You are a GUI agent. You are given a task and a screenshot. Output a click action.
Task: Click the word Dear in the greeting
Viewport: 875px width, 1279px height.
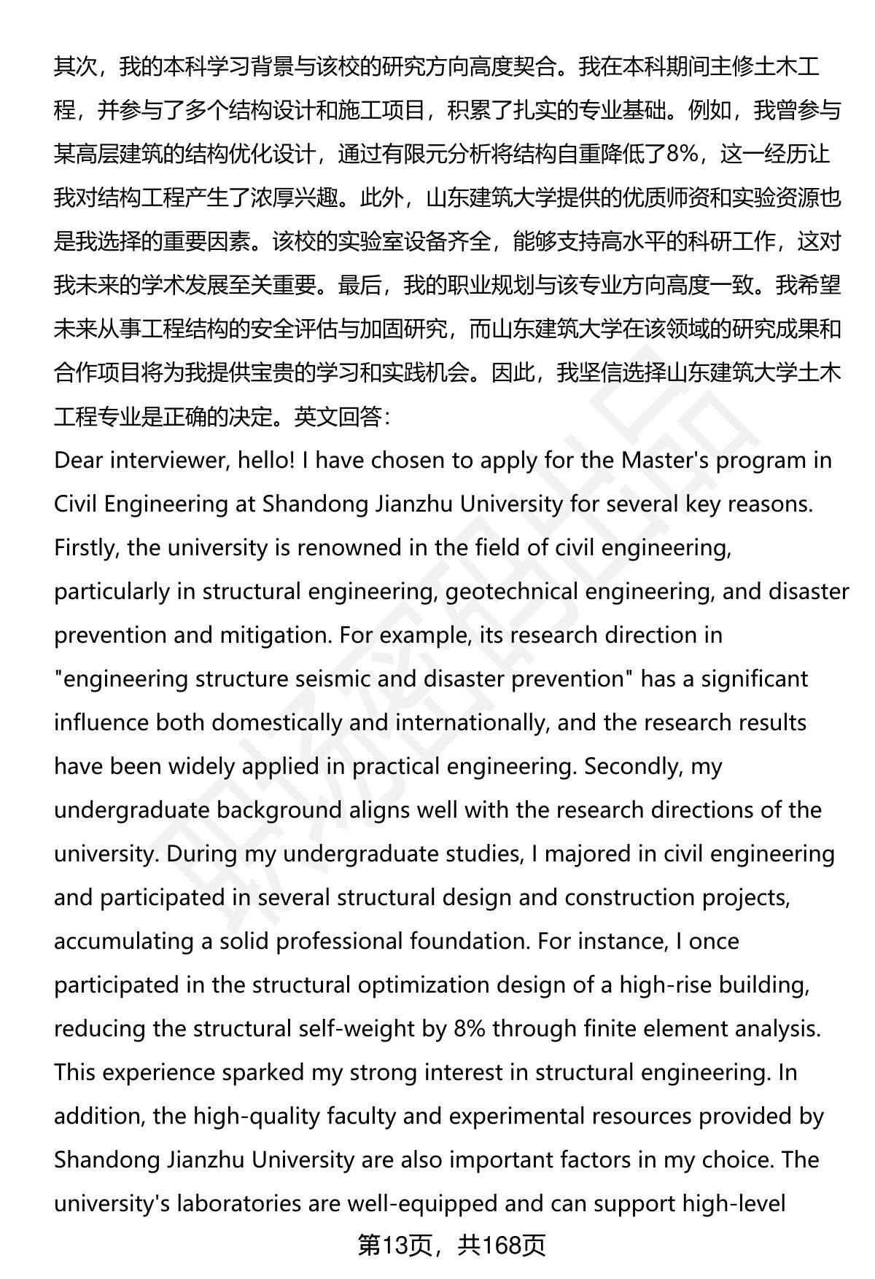[78, 461]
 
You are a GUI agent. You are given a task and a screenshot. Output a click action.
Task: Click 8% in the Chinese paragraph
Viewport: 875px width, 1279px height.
[680, 155]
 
